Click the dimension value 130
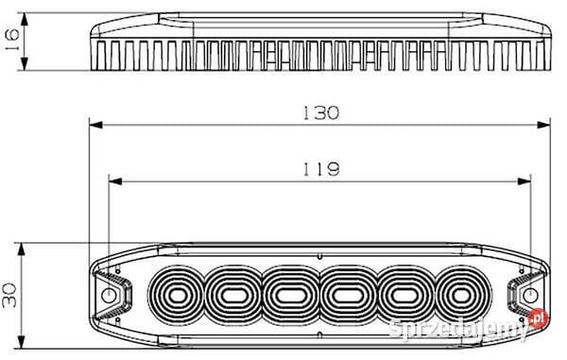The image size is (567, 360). [x=321, y=112]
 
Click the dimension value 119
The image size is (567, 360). [x=321, y=169]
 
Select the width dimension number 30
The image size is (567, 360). [x=9, y=295]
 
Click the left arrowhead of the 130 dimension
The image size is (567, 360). [x=96, y=125]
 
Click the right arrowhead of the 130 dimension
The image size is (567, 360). [x=543, y=125]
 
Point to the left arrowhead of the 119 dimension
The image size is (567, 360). [x=115, y=181]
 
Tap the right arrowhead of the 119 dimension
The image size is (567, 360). [x=524, y=181]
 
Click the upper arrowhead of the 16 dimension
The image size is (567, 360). [x=25, y=19]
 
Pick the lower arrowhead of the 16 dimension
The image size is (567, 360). [x=25, y=63]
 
